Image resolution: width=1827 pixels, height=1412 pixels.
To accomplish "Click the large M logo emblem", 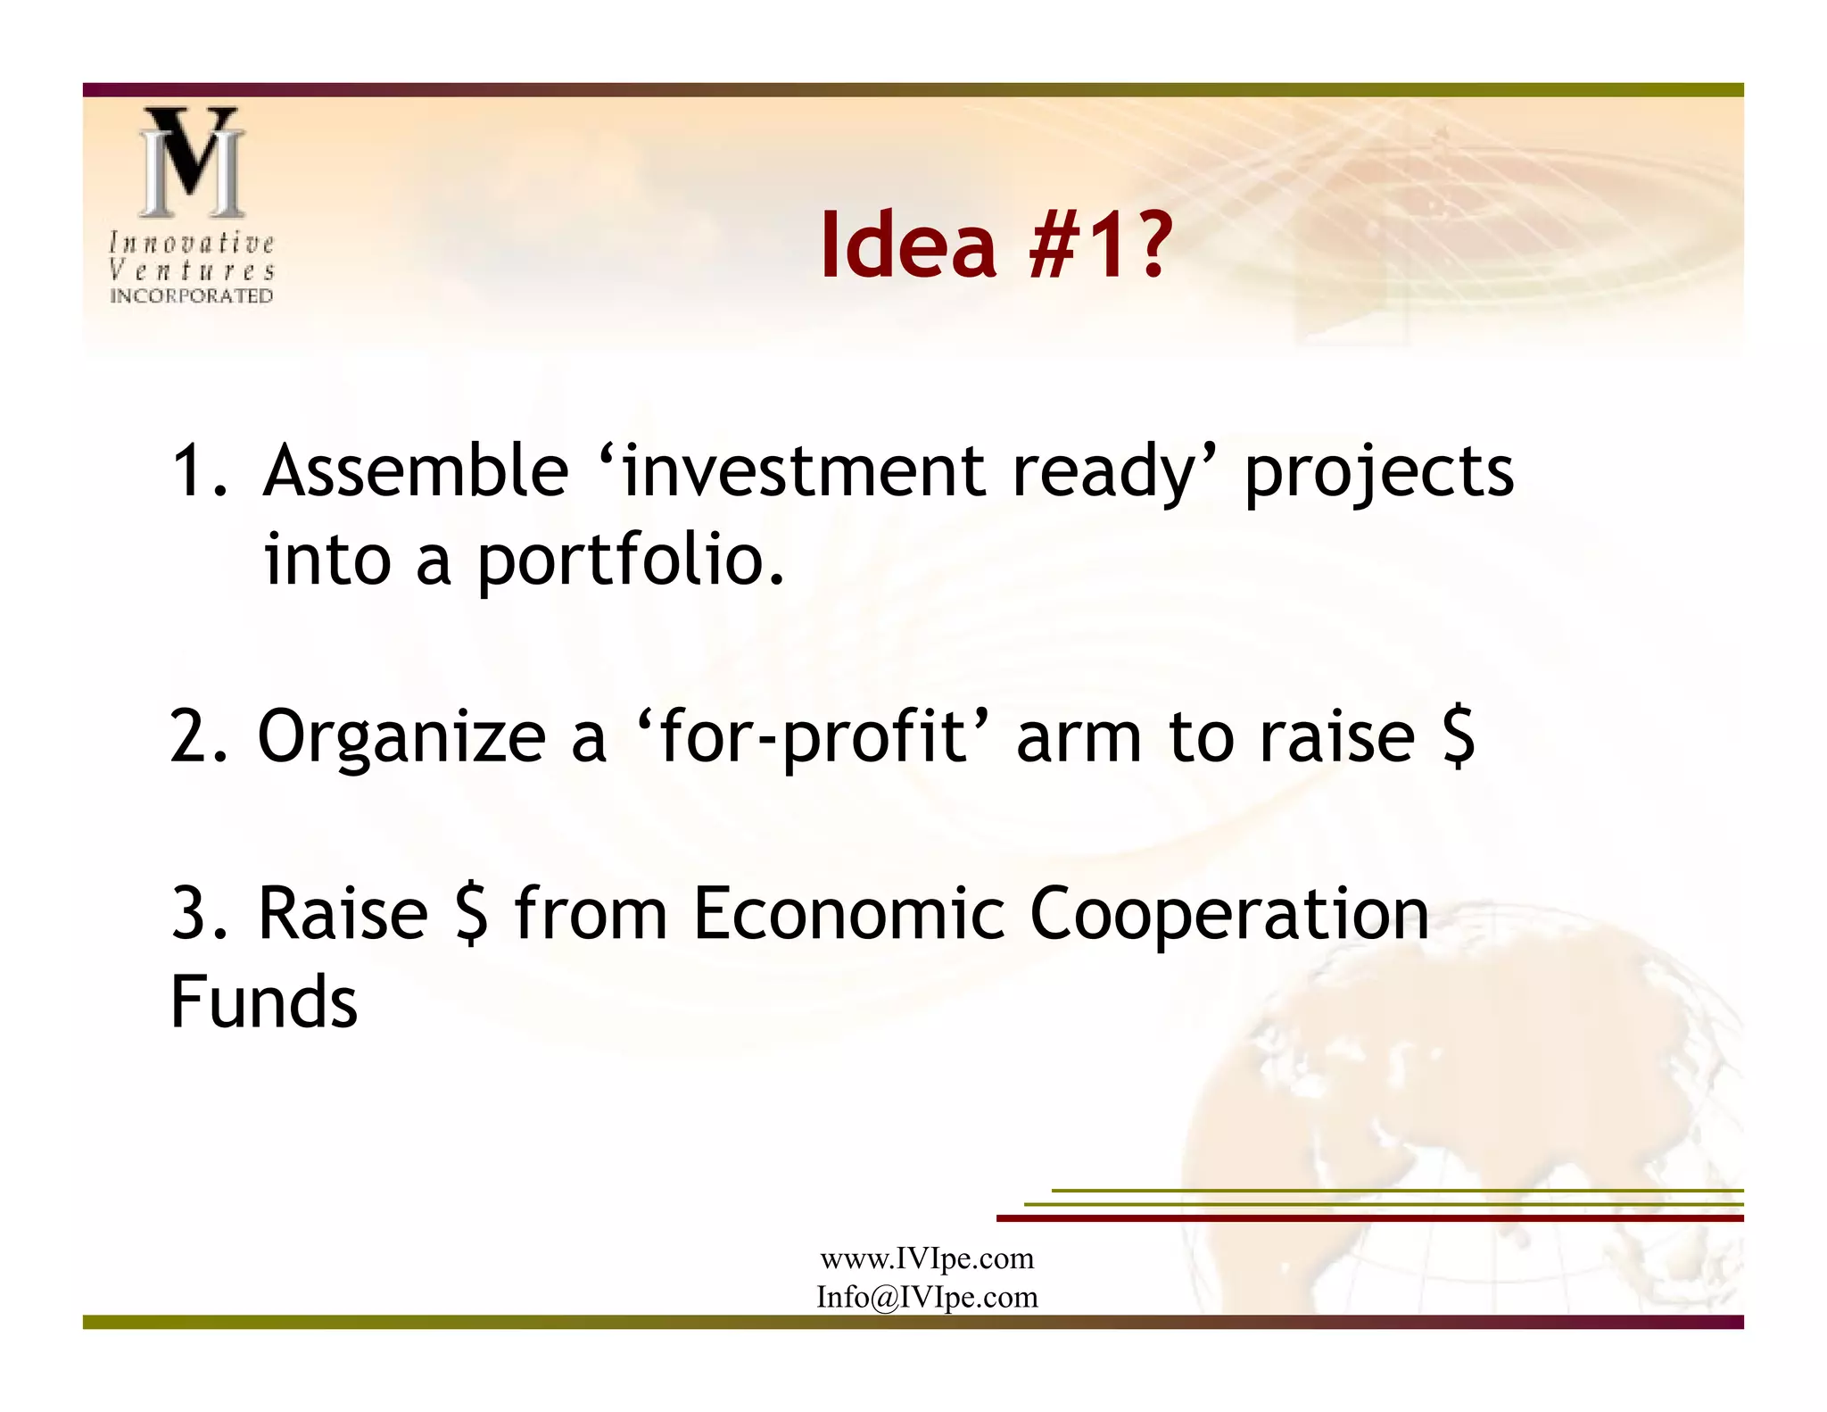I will pos(191,162).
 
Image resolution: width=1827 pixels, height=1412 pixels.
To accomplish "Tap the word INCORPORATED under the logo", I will pos(191,295).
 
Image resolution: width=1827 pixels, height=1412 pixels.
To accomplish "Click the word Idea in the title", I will pos(907,245).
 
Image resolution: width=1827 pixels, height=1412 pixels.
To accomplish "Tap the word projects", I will pos(1378,473).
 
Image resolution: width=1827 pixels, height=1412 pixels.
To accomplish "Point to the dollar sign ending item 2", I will pos(1458,737).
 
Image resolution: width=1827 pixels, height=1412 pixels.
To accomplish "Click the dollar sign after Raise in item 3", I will pos(471,914).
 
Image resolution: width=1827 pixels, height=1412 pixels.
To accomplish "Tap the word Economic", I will pos(848,914).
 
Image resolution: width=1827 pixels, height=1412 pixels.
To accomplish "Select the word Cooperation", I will pos(1228,916).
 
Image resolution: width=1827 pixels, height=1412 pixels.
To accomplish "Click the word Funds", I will pos(264,1001).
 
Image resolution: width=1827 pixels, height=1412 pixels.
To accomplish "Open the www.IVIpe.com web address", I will pos(927,1258).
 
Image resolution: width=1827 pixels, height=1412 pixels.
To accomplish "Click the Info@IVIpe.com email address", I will pos(927,1297).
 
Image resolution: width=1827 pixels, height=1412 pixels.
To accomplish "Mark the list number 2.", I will pos(189,737).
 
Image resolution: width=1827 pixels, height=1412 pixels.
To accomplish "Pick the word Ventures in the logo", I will pos(191,270).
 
